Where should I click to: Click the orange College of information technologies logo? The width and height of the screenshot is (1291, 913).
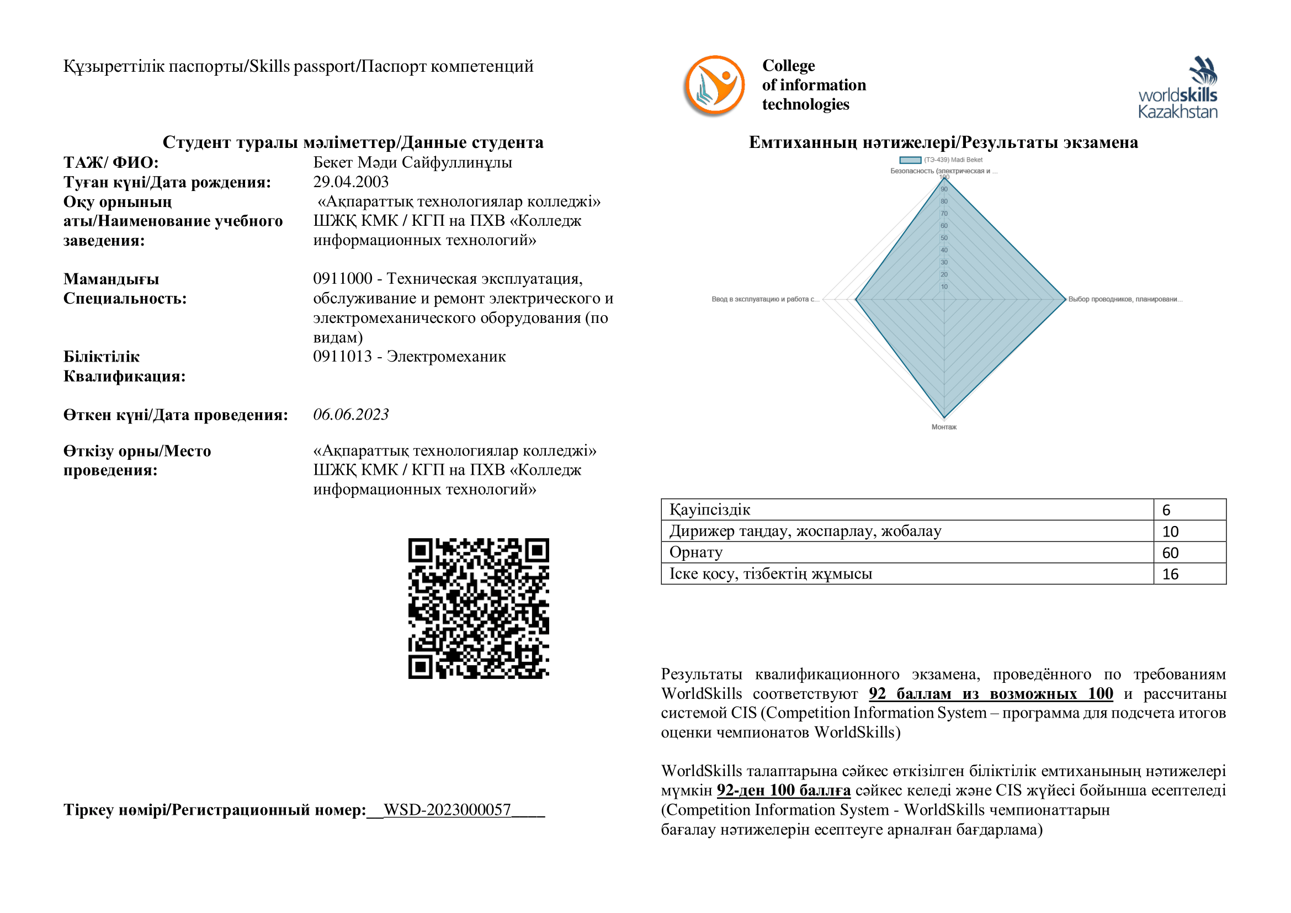714,86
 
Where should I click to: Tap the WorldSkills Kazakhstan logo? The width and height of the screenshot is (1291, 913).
1177,88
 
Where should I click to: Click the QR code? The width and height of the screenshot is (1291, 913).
479,608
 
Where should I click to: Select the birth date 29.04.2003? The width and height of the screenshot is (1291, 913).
351,182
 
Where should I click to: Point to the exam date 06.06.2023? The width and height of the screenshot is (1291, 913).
351,415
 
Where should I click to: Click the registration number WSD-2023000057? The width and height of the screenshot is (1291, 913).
447,810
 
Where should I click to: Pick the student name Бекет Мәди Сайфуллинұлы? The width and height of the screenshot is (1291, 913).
412,162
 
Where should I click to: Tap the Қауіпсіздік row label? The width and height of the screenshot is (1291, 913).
710,510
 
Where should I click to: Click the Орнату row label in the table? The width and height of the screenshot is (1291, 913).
695,553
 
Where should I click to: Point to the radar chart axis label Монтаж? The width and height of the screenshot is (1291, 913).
944,427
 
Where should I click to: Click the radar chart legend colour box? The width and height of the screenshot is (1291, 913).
910,160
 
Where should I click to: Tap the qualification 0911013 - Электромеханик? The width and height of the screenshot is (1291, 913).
410,357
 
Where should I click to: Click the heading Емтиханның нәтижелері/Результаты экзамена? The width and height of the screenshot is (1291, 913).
943,142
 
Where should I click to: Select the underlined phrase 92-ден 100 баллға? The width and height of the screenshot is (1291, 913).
783,790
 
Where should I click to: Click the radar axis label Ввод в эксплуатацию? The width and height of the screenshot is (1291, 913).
765,299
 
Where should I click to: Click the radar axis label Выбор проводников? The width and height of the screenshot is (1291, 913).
1125,299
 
